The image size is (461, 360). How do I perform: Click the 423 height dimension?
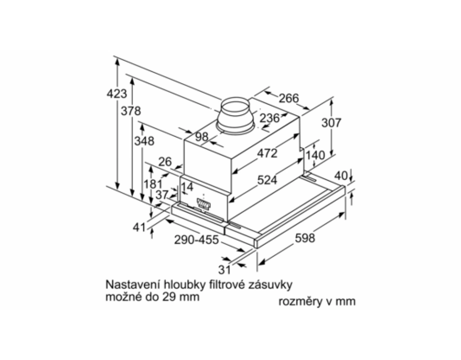[117, 94]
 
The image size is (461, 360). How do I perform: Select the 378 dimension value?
[131, 111]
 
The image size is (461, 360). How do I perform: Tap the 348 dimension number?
[144, 141]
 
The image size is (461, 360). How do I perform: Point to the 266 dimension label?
[289, 98]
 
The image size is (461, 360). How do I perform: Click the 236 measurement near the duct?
[270, 118]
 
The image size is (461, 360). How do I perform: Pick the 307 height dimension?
[331, 122]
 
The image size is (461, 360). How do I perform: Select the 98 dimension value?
[201, 137]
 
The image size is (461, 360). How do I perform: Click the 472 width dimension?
[267, 153]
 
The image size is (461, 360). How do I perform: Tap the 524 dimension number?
[267, 180]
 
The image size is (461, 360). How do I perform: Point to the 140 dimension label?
[316, 155]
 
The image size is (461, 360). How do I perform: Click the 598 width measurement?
[305, 238]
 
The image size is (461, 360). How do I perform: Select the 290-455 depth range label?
[196, 240]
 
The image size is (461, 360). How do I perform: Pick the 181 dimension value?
[153, 184]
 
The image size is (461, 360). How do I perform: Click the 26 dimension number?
[165, 162]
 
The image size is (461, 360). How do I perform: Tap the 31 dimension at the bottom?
[224, 270]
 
